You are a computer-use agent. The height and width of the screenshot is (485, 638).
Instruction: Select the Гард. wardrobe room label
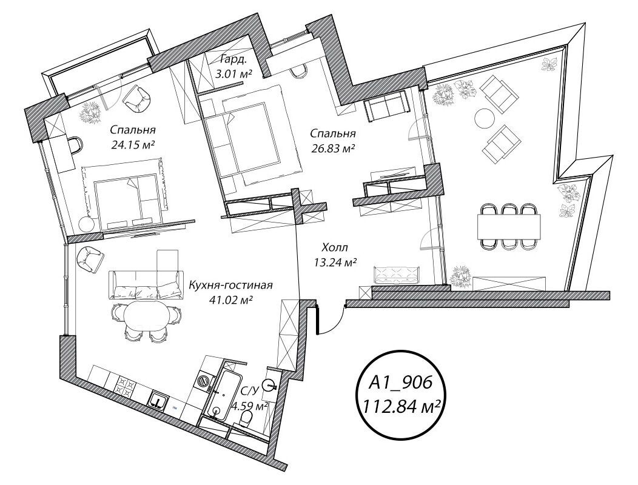point(233,60)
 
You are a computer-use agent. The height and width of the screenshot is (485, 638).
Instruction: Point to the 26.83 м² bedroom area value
point(332,149)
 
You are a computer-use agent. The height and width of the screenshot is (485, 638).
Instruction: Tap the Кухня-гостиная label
point(230,285)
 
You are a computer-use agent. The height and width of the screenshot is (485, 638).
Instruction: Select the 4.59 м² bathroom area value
point(249,406)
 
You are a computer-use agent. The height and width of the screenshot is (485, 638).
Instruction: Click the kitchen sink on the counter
point(159,399)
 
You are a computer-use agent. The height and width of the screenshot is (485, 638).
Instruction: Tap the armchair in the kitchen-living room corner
point(89,259)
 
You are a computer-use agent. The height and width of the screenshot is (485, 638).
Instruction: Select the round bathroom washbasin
point(270,384)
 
